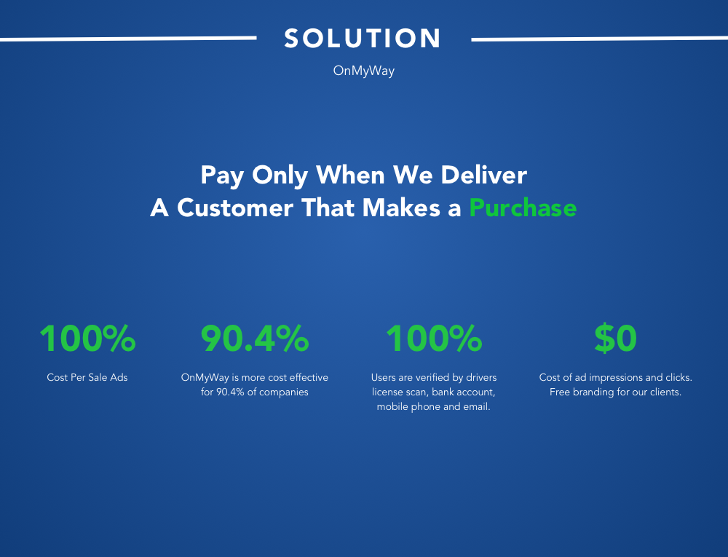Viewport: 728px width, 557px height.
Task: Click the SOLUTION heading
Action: pos(362,38)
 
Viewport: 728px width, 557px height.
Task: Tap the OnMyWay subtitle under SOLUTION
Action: pos(363,71)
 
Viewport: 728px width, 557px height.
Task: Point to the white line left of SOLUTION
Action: pos(128,39)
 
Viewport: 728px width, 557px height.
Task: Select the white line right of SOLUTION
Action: pos(599,39)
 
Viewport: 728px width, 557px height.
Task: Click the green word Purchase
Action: pos(523,208)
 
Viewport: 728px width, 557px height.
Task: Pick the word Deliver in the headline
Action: pos(483,175)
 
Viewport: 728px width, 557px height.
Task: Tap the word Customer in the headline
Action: pos(235,208)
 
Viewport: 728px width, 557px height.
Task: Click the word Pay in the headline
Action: pos(222,176)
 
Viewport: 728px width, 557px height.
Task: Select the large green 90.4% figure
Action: pos(254,339)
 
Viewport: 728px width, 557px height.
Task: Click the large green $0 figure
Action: pos(615,339)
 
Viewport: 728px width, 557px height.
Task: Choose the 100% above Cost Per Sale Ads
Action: pos(87,339)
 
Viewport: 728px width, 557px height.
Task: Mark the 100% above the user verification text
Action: pos(434,339)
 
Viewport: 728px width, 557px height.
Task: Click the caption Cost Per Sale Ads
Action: pos(87,377)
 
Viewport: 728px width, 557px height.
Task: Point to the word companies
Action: pos(284,392)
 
